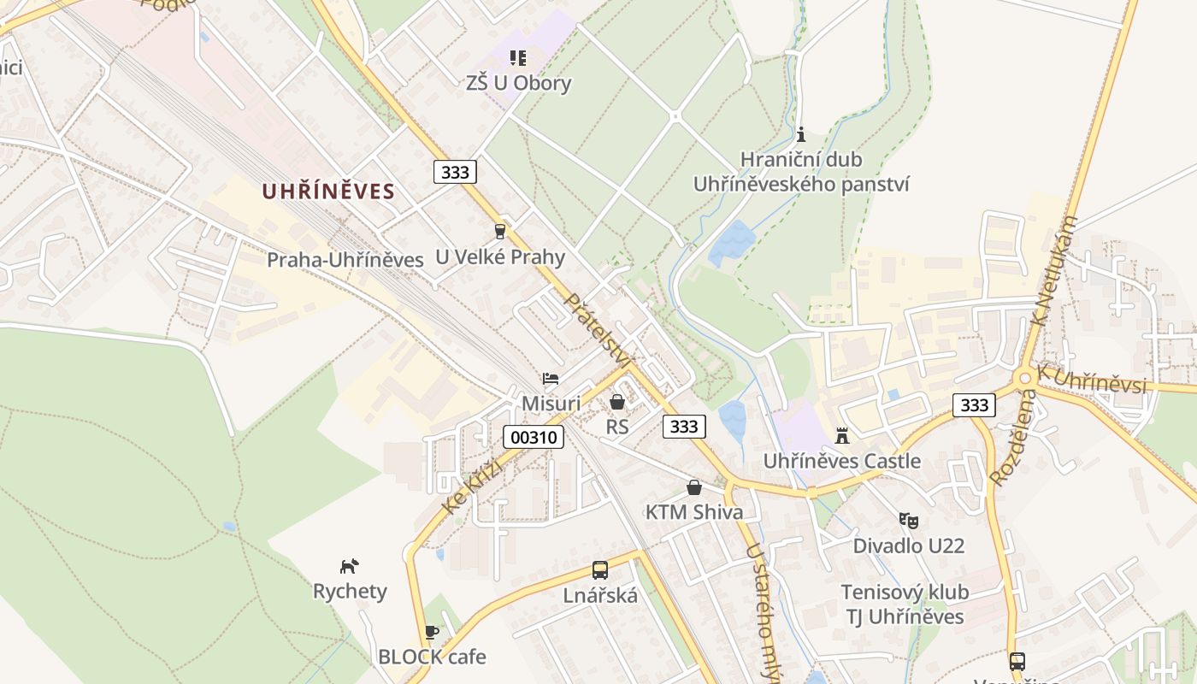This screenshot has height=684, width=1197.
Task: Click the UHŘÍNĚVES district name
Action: pos(328,192)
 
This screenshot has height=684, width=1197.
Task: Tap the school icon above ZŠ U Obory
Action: pos(517,58)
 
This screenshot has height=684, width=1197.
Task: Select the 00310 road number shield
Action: pos(534,438)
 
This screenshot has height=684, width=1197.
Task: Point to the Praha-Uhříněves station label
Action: pos(345,260)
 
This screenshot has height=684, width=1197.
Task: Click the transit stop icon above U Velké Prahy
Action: pos(500,231)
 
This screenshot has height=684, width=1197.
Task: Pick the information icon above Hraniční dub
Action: pos(801,134)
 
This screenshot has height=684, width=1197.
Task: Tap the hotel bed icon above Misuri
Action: pos(551,379)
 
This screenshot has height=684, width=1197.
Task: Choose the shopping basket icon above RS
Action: pos(617,401)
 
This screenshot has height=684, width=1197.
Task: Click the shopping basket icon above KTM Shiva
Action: pos(694,487)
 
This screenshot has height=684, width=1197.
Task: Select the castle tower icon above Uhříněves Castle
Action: pos(842,436)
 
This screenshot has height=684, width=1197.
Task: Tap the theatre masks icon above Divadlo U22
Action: pos(908,520)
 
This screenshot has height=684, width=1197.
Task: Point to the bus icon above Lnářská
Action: pos(600,570)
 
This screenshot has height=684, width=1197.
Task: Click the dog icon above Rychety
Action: pos(349,566)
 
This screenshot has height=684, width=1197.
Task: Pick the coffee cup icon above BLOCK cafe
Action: pos(432,632)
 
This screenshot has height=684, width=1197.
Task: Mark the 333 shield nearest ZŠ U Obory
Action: pos(455,172)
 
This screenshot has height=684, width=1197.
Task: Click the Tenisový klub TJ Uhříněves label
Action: pos(905,604)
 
